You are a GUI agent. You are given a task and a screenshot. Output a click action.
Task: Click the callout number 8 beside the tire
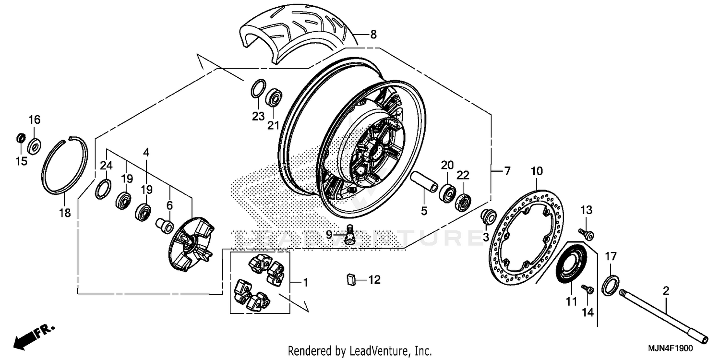[373, 35]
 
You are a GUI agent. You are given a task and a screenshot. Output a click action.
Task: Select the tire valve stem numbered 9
[350, 235]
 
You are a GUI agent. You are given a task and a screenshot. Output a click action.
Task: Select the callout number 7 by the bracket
[507, 170]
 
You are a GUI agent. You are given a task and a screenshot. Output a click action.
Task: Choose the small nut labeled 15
[21, 138]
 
